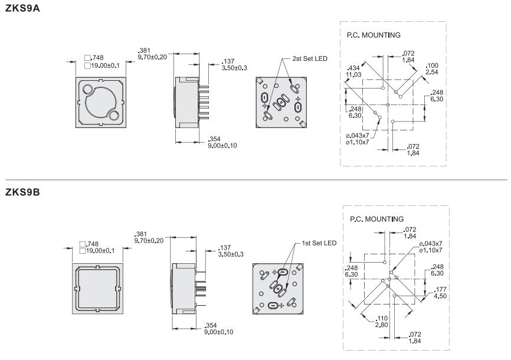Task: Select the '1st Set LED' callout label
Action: click(x=319, y=243)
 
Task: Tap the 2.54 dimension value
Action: click(x=432, y=71)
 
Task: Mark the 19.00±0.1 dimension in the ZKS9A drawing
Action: click(x=104, y=66)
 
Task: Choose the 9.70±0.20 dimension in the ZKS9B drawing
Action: click(x=149, y=240)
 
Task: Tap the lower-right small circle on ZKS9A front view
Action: click(x=114, y=114)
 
